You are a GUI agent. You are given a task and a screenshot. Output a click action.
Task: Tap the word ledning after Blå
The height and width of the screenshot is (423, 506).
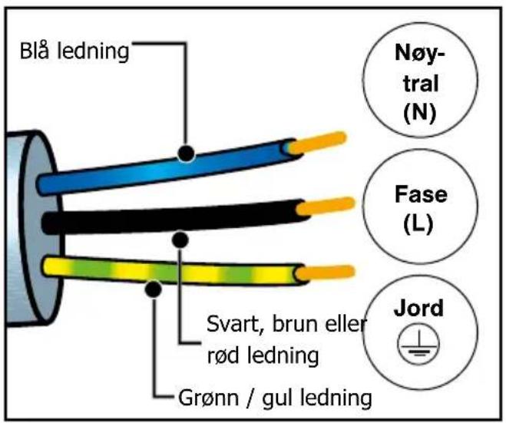coord(93,51)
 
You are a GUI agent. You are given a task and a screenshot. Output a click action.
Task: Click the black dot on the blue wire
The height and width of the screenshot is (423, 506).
coord(187,153)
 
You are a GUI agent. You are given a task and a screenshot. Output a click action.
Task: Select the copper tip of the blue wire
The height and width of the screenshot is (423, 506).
coord(317,142)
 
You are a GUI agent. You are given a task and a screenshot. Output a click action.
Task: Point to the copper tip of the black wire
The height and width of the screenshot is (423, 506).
coord(326,206)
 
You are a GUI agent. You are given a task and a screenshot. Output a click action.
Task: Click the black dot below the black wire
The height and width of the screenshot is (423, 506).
coord(180,240)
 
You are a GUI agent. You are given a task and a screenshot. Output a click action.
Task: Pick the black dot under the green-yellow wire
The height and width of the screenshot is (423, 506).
coord(154,289)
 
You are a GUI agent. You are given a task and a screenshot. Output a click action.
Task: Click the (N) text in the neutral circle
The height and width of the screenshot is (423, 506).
coord(420,113)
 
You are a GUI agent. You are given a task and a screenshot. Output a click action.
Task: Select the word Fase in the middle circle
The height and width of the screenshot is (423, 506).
coord(421,194)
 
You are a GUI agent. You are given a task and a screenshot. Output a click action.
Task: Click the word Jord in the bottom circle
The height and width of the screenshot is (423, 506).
coord(418,308)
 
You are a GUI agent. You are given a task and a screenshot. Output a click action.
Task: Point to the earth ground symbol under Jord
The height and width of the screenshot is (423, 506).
coord(418,344)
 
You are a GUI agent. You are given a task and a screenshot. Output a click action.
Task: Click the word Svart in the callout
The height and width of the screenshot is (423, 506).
coord(233,324)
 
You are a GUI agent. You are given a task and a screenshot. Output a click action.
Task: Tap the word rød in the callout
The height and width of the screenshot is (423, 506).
coord(223,355)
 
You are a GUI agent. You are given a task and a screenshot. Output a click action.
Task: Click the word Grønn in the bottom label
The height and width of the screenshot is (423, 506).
coord(209,398)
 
